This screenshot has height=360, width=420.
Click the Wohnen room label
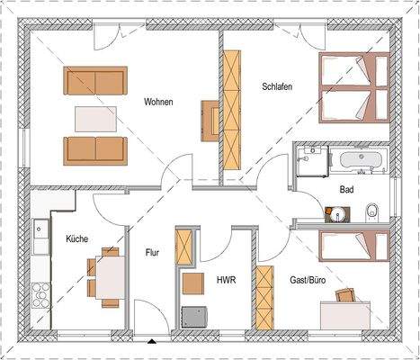click(x=158, y=102)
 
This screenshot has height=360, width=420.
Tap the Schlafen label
click(x=277, y=86)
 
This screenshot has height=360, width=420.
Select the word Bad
click(x=346, y=190)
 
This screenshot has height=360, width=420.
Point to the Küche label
click(x=76, y=238)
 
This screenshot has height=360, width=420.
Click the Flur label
click(x=152, y=253)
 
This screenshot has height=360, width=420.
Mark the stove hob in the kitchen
click(x=40, y=293)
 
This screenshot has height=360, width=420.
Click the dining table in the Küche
click(x=106, y=273)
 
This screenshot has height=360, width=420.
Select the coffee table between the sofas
click(x=94, y=119)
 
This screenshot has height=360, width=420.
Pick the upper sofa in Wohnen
click(x=94, y=81)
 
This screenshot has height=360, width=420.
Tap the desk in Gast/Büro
click(x=348, y=312)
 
